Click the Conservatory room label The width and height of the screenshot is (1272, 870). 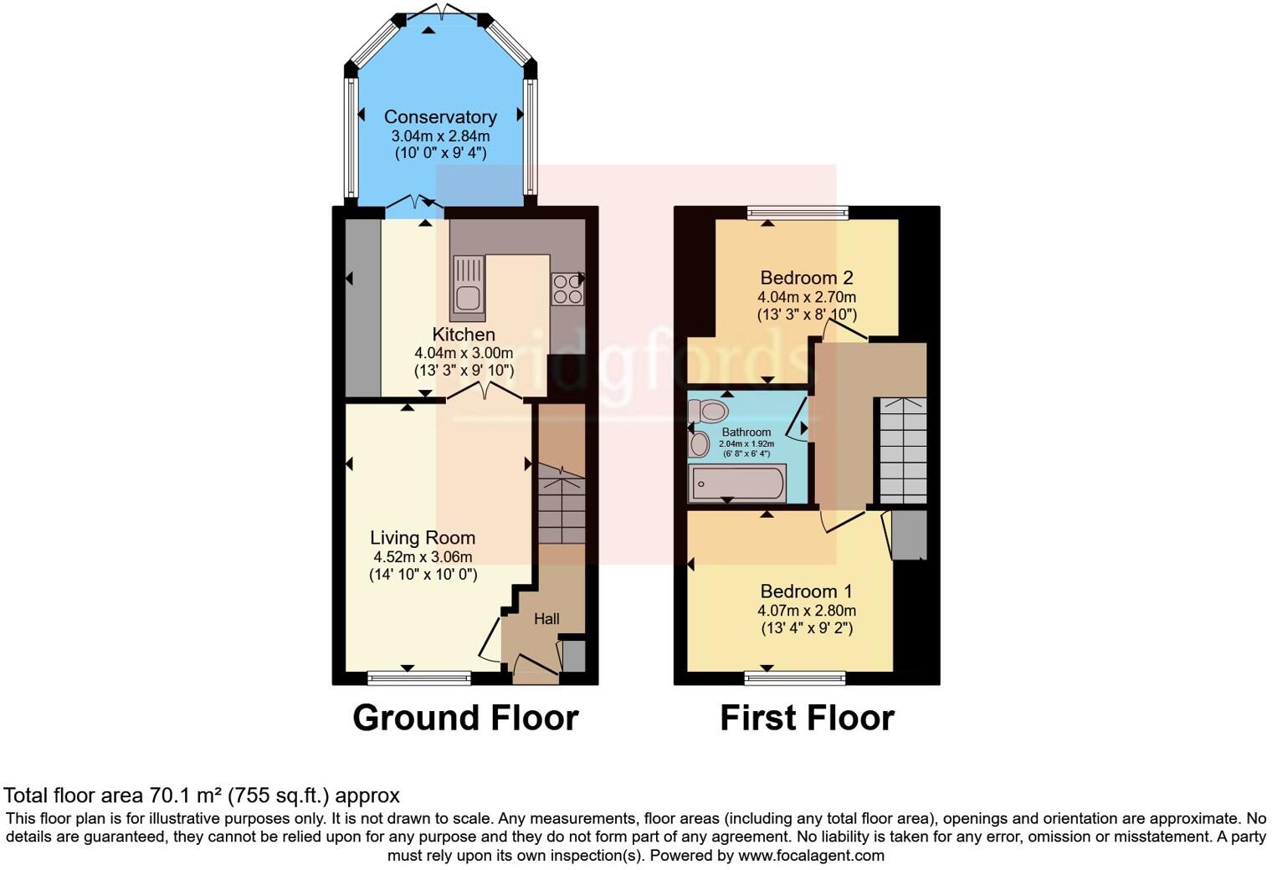440,117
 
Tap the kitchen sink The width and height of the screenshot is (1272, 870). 468,288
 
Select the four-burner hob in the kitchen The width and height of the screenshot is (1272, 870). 567,289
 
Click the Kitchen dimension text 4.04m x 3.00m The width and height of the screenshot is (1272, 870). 464,353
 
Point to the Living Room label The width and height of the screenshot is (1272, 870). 423,538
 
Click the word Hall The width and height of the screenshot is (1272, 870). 546,619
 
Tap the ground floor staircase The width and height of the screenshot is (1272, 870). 561,506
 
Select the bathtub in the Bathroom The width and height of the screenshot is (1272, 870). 736,484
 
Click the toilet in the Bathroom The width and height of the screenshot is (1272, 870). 708,411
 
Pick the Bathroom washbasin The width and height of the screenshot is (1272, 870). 698,443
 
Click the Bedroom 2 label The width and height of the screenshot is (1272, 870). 807,278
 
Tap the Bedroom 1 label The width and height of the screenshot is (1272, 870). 807,591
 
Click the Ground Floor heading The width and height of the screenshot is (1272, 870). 465,718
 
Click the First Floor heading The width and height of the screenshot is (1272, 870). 807,718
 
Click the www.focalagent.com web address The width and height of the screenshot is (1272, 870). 811,855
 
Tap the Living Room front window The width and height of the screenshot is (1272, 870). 419,678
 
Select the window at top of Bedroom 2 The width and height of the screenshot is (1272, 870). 798,212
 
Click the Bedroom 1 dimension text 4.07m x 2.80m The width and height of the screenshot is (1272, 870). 807,611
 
